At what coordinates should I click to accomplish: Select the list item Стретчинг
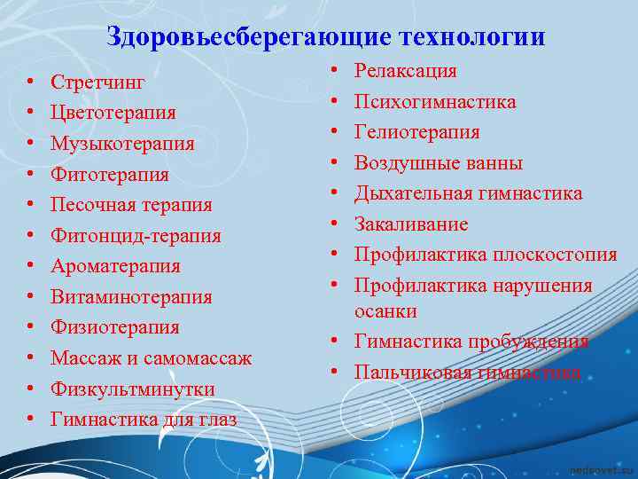[97, 82]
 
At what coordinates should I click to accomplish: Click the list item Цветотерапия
[113, 114]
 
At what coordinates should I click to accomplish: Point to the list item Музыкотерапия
[122, 144]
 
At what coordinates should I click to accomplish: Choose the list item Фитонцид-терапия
[136, 236]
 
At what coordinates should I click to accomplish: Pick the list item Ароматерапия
[115, 266]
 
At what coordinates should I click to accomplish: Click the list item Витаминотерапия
[131, 297]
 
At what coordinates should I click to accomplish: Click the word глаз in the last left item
[216, 420]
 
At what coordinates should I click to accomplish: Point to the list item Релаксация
[406, 71]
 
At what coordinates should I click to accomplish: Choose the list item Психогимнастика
[435, 102]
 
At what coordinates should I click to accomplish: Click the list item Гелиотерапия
[417, 132]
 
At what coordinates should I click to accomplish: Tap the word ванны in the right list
[494, 163]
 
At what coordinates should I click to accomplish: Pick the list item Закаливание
[411, 224]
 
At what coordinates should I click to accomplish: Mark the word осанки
[385, 311]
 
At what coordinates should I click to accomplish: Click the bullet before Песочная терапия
[30, 206]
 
